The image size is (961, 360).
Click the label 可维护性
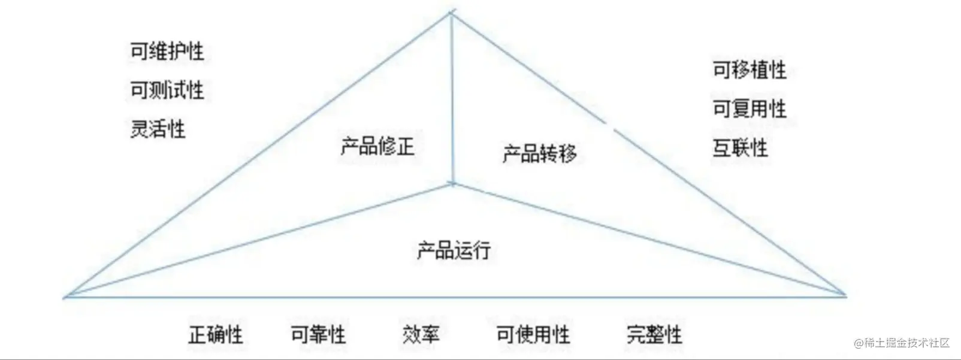167,52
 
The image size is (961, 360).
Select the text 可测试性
167,90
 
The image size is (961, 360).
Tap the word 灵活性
158,129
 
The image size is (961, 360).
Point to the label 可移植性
750,70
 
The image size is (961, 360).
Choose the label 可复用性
750,109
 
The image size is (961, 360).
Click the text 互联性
740,148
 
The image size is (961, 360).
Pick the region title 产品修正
377,146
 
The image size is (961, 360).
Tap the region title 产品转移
540,153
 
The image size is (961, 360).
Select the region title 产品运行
454,250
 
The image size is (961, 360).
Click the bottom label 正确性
216,335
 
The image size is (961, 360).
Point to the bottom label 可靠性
318,334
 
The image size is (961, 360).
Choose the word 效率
421,334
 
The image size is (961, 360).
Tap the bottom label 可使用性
533,334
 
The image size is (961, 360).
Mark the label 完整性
654,335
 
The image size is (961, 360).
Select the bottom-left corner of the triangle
65,297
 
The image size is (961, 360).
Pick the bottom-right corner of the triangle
845,295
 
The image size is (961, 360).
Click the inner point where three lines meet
452,184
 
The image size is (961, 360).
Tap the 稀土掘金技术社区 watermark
901,343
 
